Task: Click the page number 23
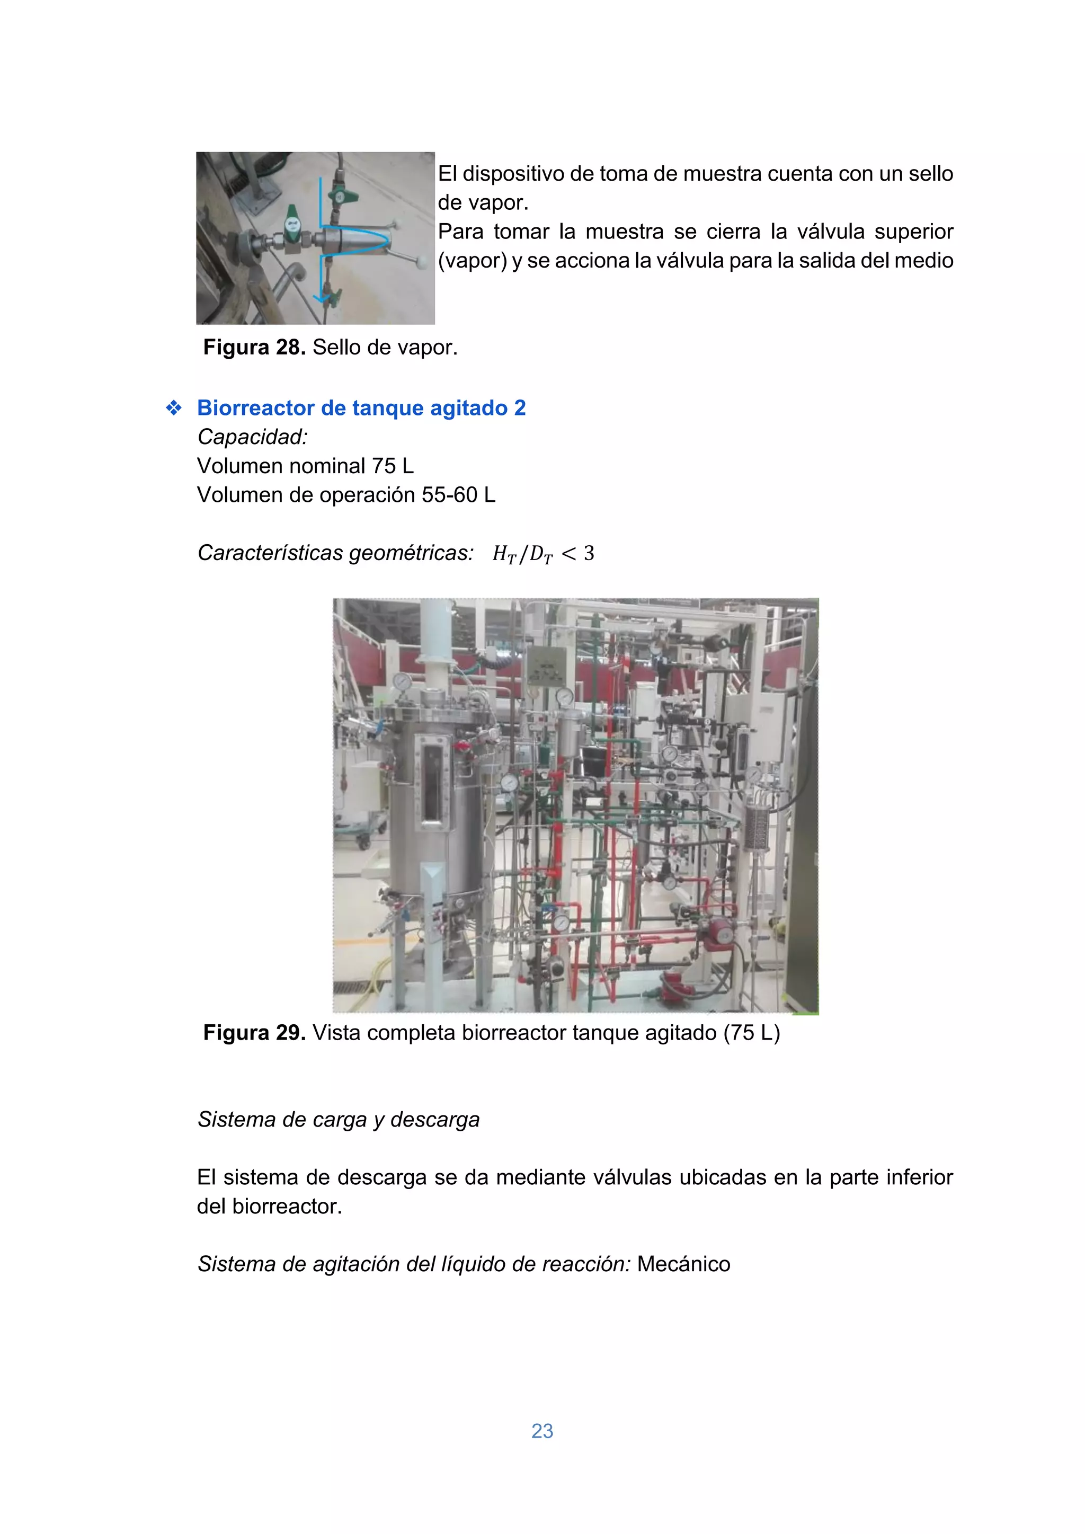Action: tap(542, 1431)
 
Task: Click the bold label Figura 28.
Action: tap(254, 348)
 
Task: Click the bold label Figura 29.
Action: tap(254, 1033)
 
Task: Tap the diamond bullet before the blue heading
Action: tap(174, 408)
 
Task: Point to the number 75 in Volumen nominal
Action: tap(384, 466)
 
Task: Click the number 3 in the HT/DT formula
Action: tap(589, 553)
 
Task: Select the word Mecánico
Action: tap(683, 1264)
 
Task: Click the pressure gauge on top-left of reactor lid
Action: tap(402, 681)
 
